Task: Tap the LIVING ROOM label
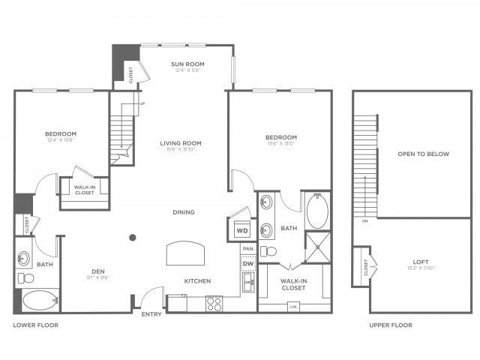coord(181,142)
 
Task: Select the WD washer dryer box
coord(241,230)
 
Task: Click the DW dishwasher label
coord(247,263)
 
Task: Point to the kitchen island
coord(184,253)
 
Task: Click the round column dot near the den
coord(133,238)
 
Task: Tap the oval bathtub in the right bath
coord(317,211)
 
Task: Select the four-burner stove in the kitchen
coord(214,304)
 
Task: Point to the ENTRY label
coord(151,314)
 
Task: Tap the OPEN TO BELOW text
coord(423,154)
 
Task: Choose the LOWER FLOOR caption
coord(36,325)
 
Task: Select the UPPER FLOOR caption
coord(391,325)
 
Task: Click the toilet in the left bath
coord(26,277)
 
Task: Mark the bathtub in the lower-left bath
coord(37,301)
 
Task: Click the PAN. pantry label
coord(247,248)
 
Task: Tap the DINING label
coord(183,212)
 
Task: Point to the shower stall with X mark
coord(316,247)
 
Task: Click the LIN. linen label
coord(293,306)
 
